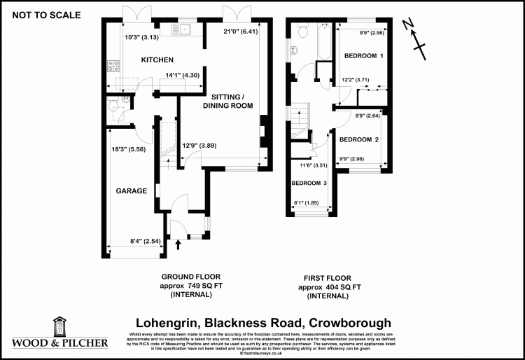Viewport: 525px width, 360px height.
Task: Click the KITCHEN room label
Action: coord(157,60)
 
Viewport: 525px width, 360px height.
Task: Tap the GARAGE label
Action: coord(131,191)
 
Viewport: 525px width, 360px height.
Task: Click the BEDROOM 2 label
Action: coord(359,140)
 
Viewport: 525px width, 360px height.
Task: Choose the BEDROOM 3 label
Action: coord(309,184)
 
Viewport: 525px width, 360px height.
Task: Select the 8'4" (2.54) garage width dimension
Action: coord(146,242)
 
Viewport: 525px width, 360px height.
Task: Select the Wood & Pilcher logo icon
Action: coord(60,327)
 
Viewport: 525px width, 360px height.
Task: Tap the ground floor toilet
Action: coord(113,106)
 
